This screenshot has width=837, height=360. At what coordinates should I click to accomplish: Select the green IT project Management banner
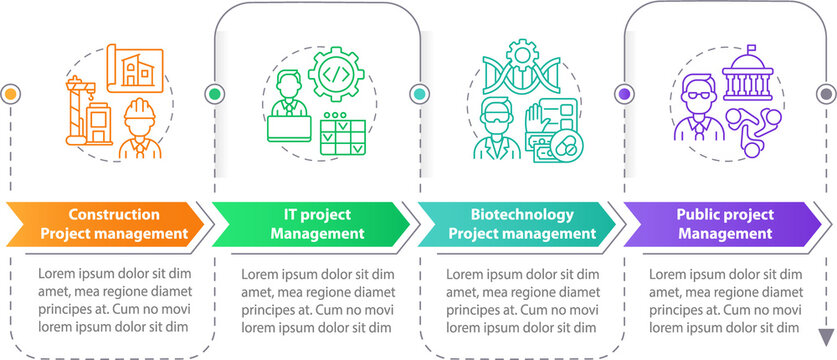[x=310, y=224]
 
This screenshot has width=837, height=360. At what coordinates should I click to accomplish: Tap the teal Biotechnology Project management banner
[x=516, y=224]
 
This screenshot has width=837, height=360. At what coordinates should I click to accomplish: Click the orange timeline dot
[x=10, y=94]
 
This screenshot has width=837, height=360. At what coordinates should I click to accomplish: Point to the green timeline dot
[x=214, y=94]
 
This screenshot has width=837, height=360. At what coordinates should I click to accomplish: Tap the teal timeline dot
[x=419, y=94]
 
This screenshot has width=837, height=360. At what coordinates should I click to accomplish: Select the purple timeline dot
[x=624, y=94]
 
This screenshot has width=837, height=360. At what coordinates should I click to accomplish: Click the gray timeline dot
[x=825, y=94]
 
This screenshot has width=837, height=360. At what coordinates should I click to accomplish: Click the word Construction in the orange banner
[x=113, y=214]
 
